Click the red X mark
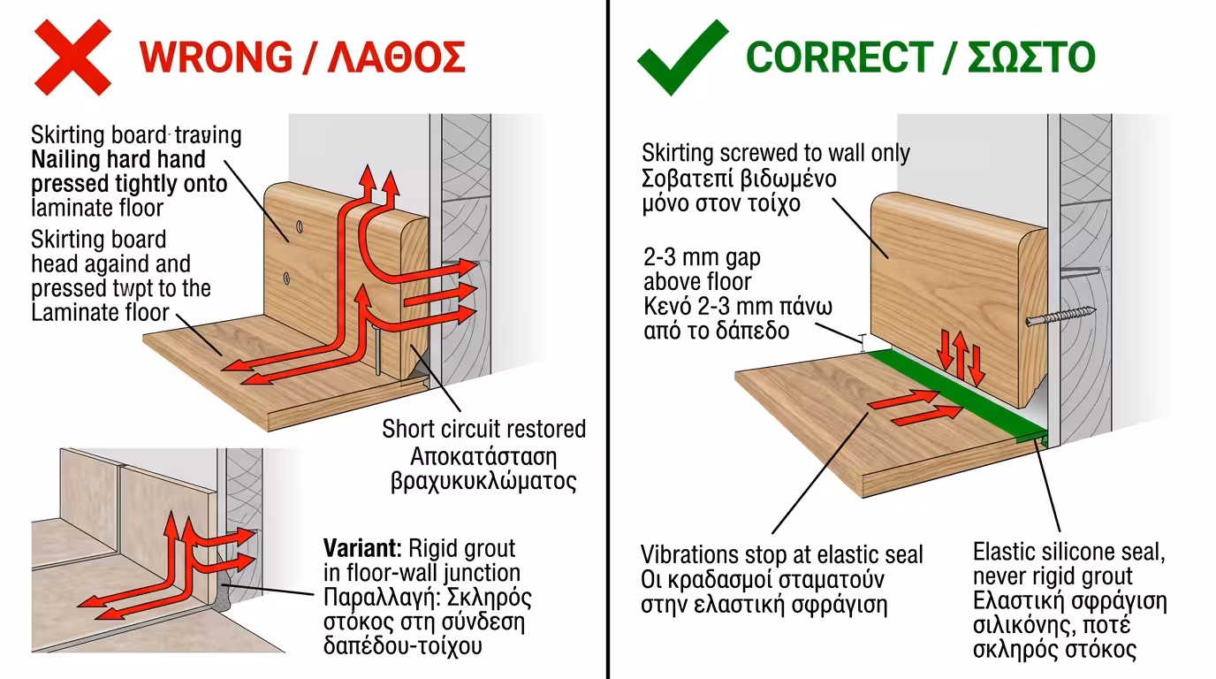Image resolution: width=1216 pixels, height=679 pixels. [72, 57]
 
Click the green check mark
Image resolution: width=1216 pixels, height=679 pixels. [682, 57]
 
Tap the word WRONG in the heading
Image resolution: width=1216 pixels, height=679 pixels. [216, 57]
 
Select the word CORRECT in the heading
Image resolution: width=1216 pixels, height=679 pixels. [840, 57]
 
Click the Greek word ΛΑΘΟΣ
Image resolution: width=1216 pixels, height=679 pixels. [396, 57]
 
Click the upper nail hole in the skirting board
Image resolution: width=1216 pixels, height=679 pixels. [299, 226]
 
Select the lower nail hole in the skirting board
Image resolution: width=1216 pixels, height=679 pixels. [286, 278]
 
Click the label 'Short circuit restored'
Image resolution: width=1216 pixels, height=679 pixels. [483, 429]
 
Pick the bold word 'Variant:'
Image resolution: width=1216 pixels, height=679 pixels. [362, 549]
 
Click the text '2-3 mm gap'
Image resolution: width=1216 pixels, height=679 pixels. [702, 257]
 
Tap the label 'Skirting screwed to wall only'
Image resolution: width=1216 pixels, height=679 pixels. [776, 153]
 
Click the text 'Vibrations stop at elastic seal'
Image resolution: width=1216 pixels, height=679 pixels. [782, 554]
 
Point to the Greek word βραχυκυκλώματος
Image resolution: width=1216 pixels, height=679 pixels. [483, 481]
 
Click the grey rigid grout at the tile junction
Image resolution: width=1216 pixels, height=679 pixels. [223, 598]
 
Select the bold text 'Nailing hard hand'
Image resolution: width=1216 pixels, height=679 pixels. [118, 159]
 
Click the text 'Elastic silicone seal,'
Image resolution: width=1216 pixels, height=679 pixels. [1069, 552]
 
